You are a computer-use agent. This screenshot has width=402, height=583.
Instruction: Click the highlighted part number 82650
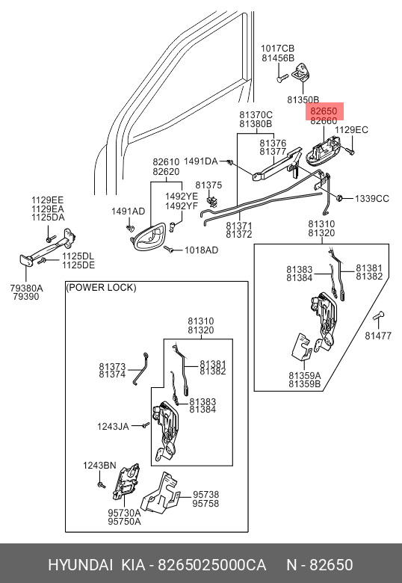pos(324,111)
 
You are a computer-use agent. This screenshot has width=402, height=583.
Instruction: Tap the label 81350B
pos(303,99)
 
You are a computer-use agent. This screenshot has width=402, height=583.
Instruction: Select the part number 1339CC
pos(372,199)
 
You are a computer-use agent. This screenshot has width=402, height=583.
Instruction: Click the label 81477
pos(378,336)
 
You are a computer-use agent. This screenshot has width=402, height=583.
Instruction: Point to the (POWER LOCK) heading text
pos(101,288)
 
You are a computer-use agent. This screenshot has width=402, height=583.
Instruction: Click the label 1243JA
pos(113,427)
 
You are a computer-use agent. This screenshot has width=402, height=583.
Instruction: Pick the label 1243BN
pos(99,466)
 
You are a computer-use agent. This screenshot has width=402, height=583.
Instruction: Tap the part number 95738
pos(205,495)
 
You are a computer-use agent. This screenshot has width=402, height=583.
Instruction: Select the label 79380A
pos(26,289)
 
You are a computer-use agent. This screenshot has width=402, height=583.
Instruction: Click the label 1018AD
pos(201,250)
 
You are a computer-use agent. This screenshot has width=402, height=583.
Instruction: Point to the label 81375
pos(208,185)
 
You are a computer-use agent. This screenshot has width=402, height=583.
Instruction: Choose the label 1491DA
pos(201,161)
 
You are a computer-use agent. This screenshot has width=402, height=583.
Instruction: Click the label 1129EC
pos(351,130)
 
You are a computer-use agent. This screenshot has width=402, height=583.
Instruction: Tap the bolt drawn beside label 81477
pos(378,316)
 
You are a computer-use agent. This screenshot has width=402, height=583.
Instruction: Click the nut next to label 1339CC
pos(338,198)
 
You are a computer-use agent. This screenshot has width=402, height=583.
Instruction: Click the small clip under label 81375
pos(211,201)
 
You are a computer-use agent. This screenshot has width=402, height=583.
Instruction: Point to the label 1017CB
pos(277,49)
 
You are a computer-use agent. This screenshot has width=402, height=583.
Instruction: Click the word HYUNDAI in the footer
pos(80,565)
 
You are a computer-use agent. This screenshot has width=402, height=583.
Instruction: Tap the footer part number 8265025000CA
pos(211,565)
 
